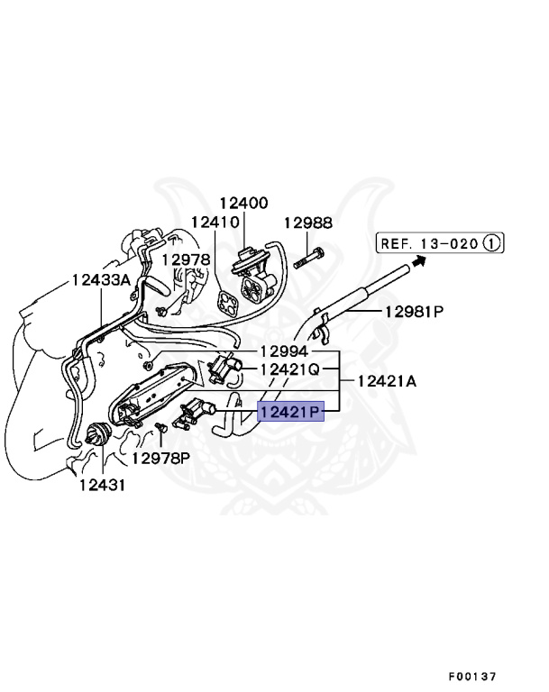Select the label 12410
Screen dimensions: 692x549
pos(215,222)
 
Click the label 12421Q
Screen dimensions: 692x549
pos(290,369)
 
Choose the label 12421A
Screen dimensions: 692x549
pos(387,381)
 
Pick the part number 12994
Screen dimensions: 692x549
pos(284,351)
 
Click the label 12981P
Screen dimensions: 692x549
pos(415,313)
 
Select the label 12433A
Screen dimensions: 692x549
pos(102,280)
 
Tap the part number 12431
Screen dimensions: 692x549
pos(100,486)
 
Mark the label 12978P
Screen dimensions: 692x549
pos(161,458)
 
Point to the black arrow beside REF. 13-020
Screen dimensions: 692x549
pos(416,260)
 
